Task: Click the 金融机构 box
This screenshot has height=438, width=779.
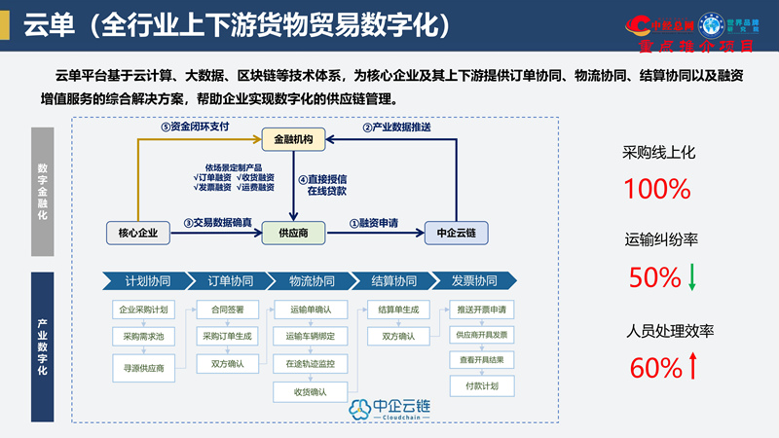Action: pyautogui.click(x=293, y=141)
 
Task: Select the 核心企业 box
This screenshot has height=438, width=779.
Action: pyautogui.click(x=136, y=232)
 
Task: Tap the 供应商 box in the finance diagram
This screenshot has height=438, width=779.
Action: pyautogui.click(x=293, y=232)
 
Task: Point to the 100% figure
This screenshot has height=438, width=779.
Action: pyautogui.click(x=656, y=189)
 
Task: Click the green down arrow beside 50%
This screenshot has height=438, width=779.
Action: pyautogui.click(x=692, y=277)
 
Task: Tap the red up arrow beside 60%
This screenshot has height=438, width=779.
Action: pyautogui.click(x=692, y=367)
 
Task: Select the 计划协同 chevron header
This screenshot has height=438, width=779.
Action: pyautogui.click(x=147, y=281)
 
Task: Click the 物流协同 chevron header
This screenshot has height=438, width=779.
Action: pyautogui.click(x=311, y=281)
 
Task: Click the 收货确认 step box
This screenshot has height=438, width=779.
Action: pyautogui.click(x=311, y=391)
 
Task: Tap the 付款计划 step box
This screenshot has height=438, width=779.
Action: pyautogui.click(x=481, y=385)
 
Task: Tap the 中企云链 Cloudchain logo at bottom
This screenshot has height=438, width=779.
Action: pyautogui.click(x=389, y=410)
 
